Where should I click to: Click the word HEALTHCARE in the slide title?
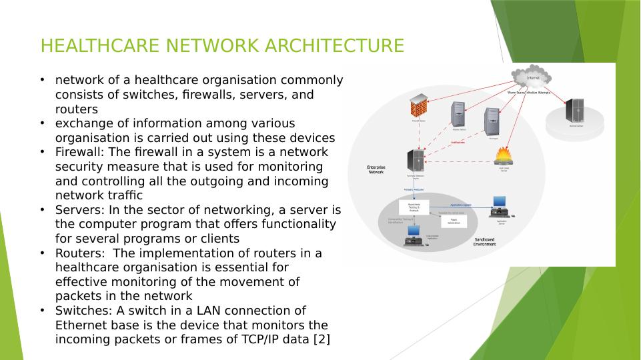(x=101, y=46)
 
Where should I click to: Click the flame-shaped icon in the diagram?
(x=504, y=156)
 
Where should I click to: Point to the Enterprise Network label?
(x=376, y=169)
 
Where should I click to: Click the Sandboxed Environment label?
(x=484, y=242)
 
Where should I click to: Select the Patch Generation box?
(x=454, y=221)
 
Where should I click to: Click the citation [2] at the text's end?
(x=320, y=339)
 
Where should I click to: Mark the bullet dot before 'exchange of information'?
(x=42, y=123)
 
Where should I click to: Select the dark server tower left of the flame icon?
(x=415, y=160)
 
